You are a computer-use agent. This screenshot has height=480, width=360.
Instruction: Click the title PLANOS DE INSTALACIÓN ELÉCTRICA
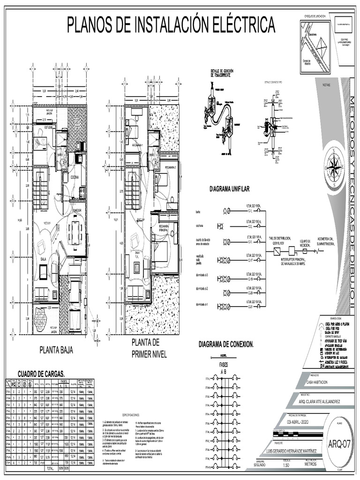click(171, 24)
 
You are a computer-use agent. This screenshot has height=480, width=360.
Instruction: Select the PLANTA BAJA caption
click(56, 350)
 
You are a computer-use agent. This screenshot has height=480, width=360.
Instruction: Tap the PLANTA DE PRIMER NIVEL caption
click(149, 348)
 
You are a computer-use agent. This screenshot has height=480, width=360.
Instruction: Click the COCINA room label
click(75, 177)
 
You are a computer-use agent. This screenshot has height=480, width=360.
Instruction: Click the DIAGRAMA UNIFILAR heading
click(230, 189)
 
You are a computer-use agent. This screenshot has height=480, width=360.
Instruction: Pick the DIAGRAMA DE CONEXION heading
click(226, 345)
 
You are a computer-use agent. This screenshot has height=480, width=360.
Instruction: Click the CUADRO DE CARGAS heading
click(41, 374)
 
